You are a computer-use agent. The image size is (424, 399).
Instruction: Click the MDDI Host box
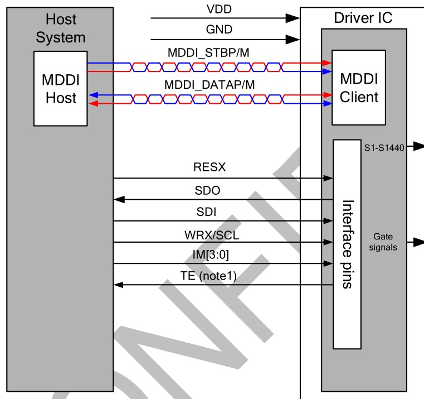click(60, 88)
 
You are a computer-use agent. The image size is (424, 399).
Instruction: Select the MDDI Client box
click(359, 88)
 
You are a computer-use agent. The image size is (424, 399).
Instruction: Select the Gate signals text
click(385, 243)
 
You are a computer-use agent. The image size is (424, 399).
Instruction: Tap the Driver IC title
click(363, 18)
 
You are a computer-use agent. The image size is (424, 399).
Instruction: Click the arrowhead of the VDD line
click(294, 18)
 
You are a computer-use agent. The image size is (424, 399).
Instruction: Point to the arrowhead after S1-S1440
click(417, 148)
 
